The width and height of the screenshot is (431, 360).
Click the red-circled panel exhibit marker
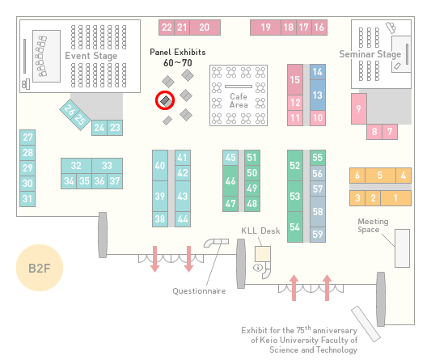(166, 100)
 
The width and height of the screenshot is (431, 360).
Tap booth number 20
(205, 28)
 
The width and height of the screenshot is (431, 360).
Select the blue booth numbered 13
(318, 95)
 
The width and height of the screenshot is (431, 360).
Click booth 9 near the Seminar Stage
(359, 109)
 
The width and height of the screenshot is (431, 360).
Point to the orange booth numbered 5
(380, 176)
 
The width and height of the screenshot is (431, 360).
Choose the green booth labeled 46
(230, 180)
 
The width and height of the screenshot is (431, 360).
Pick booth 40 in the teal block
(160, 166)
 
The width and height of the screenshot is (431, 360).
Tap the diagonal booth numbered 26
(70, 109)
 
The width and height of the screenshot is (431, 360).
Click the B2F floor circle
(40, 268)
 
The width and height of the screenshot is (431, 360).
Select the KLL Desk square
(263, 254)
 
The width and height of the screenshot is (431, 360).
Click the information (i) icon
(258, 267)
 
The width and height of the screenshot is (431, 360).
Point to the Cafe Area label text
(239, 100)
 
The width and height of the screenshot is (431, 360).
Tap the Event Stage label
(91, 56)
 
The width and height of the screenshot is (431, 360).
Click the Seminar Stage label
(370, 54)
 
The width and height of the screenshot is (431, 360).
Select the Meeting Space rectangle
(402, 248)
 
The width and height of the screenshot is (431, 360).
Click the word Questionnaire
(199, 291)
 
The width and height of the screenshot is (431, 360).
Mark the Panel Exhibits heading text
(178, 52)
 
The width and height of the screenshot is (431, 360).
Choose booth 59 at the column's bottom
(318, 235)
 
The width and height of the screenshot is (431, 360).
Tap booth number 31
(27, 198)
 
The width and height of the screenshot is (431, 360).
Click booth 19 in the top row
(265, 28)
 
